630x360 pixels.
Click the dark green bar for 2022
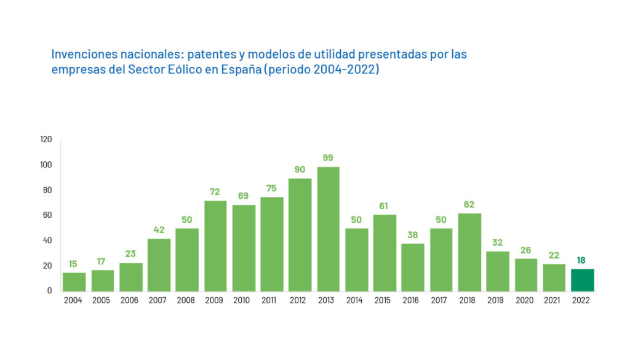point(582,280)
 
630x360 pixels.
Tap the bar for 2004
point(74,281)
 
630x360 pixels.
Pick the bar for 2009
point(215,246)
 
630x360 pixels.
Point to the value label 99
point(328,158)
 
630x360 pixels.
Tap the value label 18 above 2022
point(582,260)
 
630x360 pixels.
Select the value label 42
point(159,230)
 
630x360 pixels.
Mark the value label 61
point(385,206)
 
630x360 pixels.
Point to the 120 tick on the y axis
point(46,140)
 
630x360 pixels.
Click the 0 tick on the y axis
point(50,290)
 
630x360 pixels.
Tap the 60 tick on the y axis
point(47,215)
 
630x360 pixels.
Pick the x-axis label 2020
point(525,301)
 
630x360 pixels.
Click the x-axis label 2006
point(130,301)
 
